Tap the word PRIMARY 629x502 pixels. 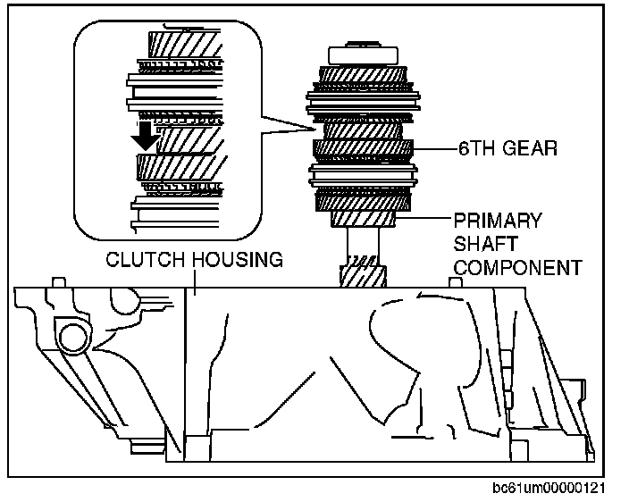[498, 221]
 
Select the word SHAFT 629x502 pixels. [485, 243]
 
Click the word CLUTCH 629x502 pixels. [147, 260]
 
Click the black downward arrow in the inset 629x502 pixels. [142, 137]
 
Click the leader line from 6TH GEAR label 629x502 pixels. [435, 149]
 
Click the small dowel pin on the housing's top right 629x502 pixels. [453, 283]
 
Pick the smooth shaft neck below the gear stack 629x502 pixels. [361, 243]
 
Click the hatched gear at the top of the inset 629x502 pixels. [183, 43]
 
